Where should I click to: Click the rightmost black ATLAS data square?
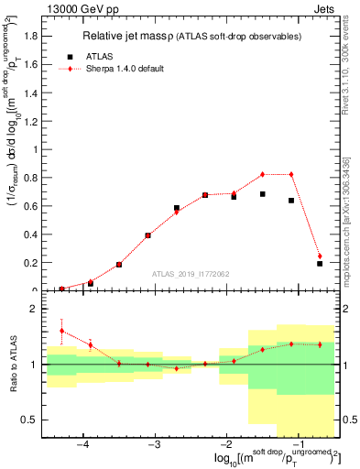320,264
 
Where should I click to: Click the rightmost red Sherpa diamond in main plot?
320,256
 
